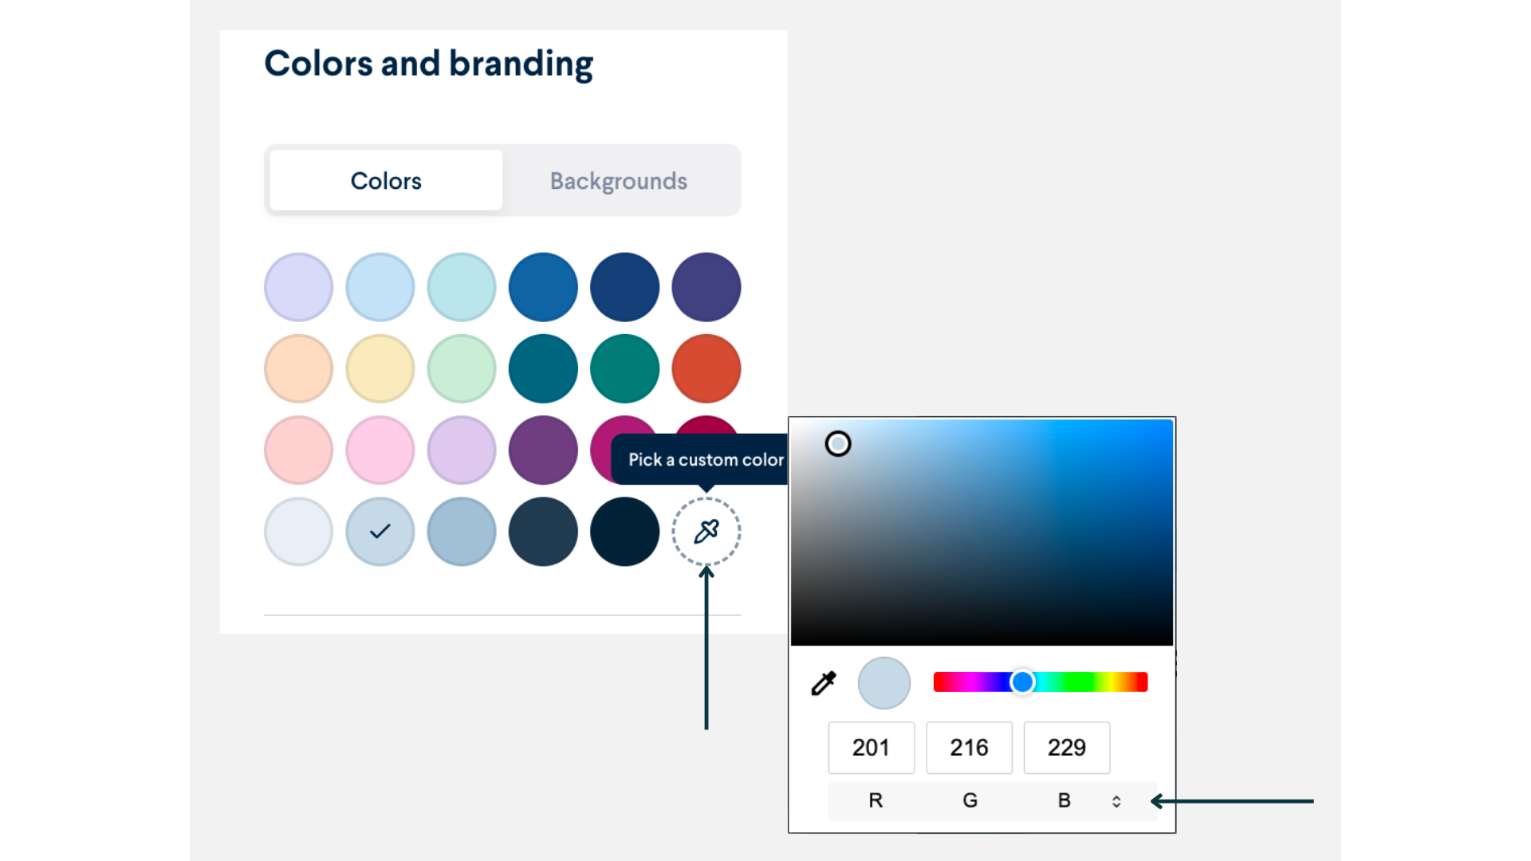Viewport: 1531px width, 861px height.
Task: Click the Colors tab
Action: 386,181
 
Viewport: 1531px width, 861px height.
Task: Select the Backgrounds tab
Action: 618,181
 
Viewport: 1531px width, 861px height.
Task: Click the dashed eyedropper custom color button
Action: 706,531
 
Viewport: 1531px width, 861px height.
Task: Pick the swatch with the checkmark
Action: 380,531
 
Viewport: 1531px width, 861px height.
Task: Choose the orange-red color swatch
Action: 706,368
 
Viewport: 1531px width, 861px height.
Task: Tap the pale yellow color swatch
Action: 380,368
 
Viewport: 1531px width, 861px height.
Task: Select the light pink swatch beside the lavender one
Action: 380,450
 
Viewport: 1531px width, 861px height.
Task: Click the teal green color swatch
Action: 624,368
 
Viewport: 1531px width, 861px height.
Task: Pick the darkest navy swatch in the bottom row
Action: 624,531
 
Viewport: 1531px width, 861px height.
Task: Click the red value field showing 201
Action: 871,748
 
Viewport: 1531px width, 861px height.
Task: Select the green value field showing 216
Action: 969,748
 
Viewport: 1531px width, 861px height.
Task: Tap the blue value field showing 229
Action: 1066,748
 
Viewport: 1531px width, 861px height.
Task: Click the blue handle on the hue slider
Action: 1022,682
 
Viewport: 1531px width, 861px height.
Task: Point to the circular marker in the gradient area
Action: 838,443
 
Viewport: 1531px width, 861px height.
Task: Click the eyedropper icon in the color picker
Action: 824,683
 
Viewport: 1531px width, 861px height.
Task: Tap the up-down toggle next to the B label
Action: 1116,801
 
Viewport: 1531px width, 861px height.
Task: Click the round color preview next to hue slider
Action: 884,683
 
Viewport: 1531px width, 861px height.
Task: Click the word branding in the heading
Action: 521,64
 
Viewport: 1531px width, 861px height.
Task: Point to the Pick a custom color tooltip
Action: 705,459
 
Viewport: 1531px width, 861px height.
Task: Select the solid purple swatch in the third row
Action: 543,450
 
